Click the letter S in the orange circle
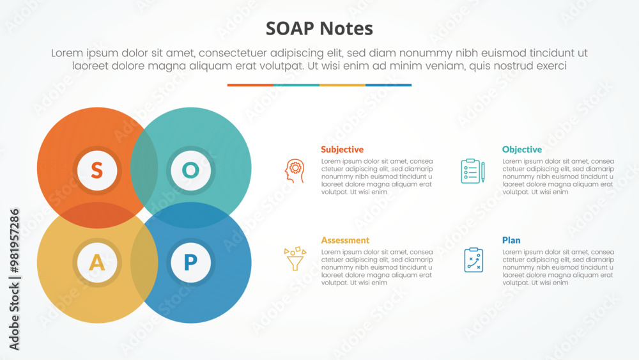click(96, 170)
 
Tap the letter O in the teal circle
click(190, 170)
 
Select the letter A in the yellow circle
click(96, 262)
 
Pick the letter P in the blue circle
click(190, 262)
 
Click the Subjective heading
click(342, 150)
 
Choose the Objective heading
click(521, 150)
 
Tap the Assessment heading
click(345, 240)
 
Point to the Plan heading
click(511, 240)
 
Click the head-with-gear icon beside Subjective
click(294, 171)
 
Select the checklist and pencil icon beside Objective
click(473, 171)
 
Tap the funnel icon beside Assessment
click(295, 259)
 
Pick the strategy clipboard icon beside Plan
click(473, 260)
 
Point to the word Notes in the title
click(349, 29)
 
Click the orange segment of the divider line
click(250, 85)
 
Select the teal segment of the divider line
click(296, 85)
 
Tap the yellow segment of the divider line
click(343, 85)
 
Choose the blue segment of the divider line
click(389, 85)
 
